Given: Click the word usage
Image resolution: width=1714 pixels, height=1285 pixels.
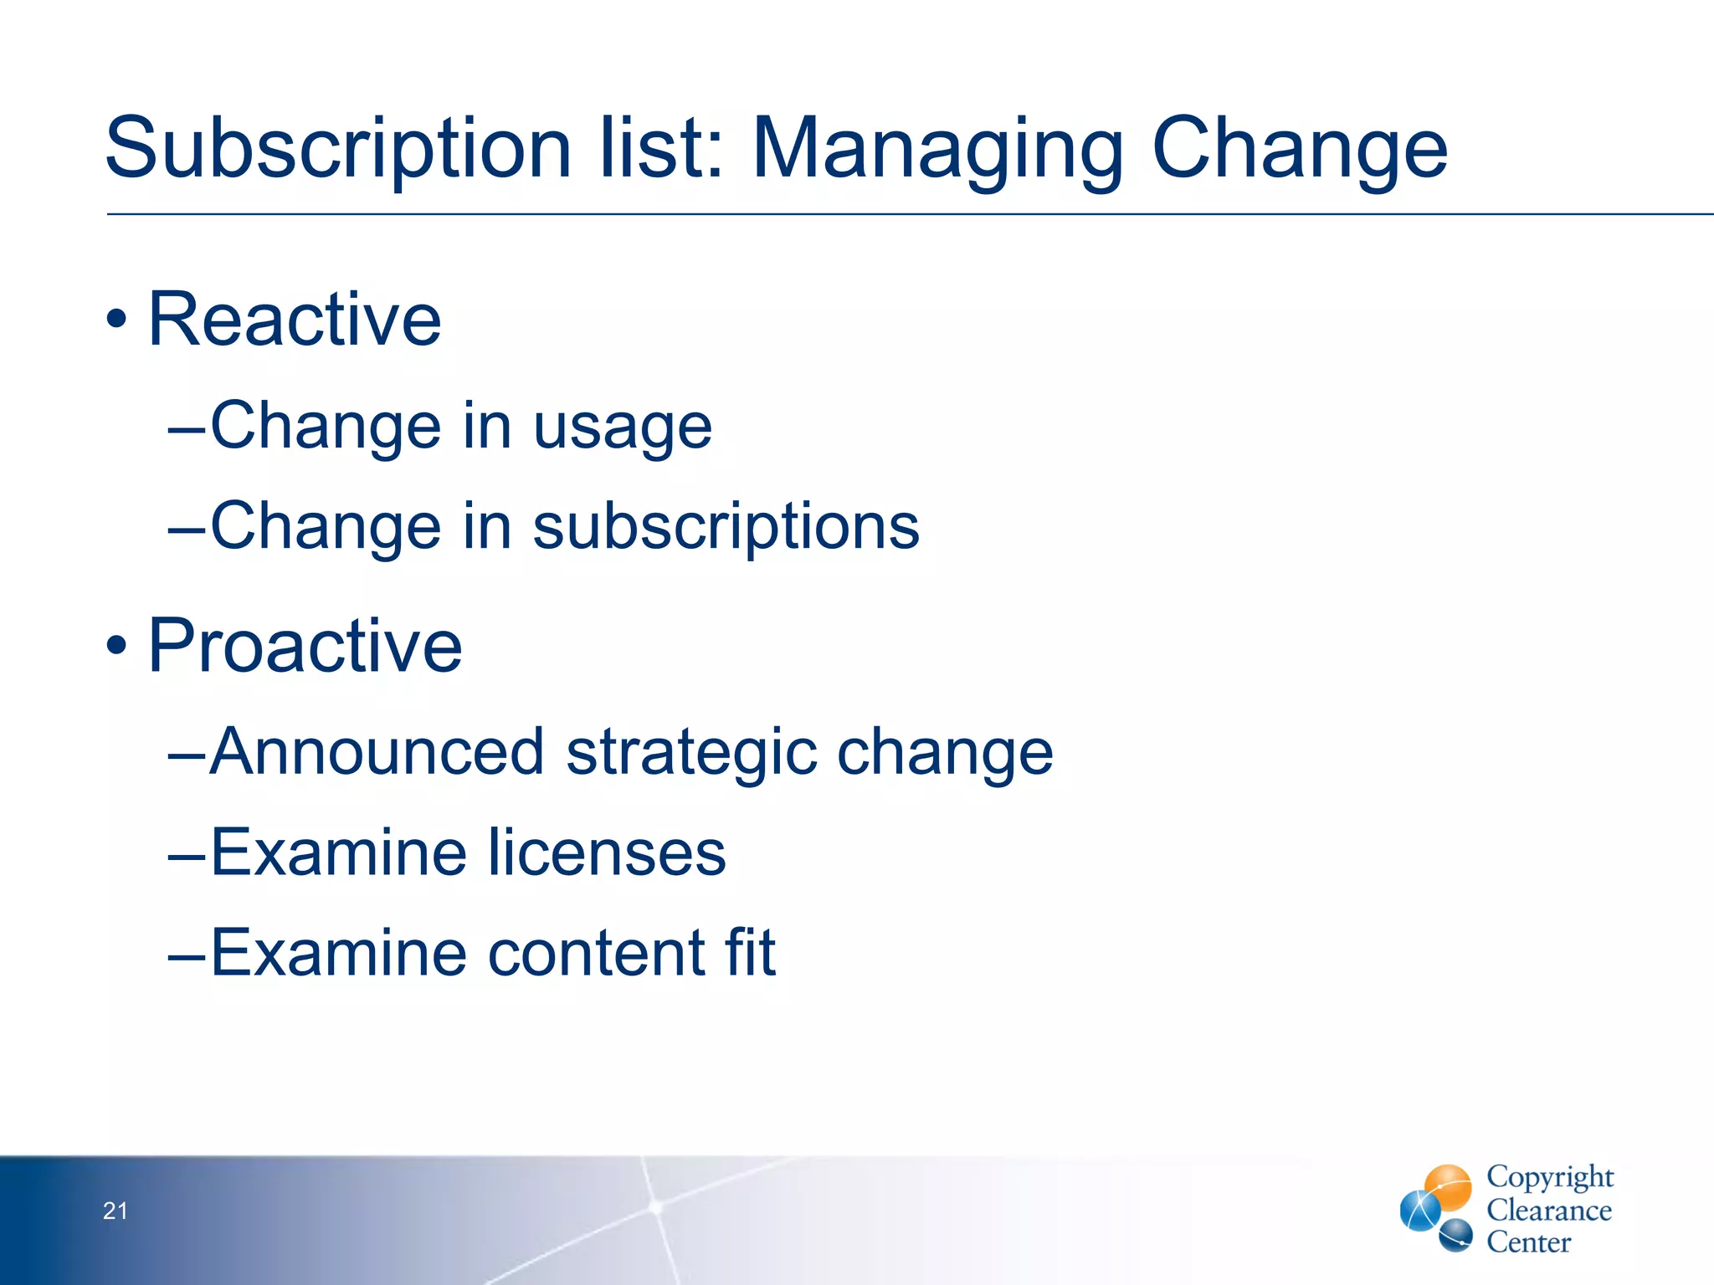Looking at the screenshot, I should pyautogui.click(x=623, y=428).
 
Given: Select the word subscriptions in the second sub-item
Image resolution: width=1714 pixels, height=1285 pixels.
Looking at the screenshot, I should pyautogui.click(x=726, y=528).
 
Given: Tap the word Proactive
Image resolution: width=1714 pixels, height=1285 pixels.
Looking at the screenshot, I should pyautogui.click(x=305, y=646).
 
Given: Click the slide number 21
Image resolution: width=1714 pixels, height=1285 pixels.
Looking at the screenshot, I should pyautogui.click(x=115, y=1211).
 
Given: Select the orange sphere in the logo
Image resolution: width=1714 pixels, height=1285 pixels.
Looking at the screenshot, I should pyautogui.click(x=1449, y=1185).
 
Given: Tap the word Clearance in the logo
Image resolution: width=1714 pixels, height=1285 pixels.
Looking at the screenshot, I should pyautogui.click(x=1549, y=1211).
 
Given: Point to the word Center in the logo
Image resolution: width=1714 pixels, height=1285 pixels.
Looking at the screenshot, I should pyautogui.click(x=1528, y=1242).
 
